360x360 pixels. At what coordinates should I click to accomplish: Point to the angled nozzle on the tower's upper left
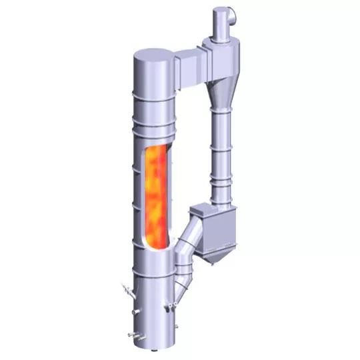pyautogui.click(x=125, y=289)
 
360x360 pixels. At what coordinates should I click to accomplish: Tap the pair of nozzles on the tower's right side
pyautogui.click(x=173, y=307)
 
